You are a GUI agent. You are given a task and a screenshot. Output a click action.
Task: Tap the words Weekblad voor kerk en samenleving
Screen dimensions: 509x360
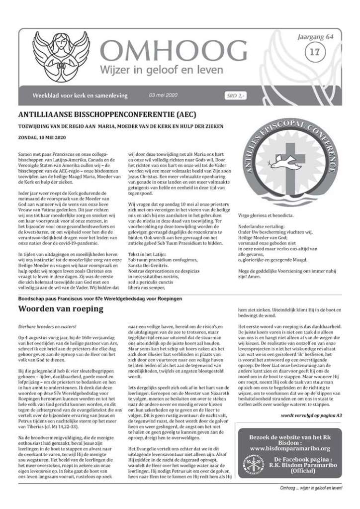[x=80, y=95]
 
